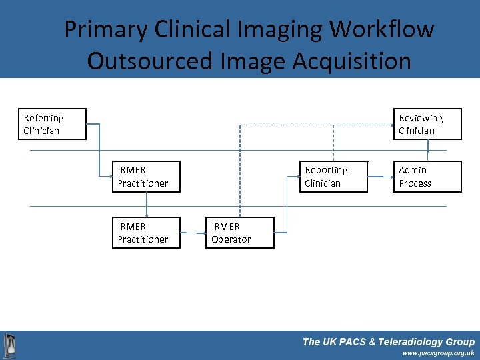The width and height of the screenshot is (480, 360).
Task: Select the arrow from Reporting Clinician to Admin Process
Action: pos(381,177)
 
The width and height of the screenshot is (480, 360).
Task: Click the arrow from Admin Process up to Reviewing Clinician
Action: pos(427,150)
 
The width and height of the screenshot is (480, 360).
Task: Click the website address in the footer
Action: pos(438,353)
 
